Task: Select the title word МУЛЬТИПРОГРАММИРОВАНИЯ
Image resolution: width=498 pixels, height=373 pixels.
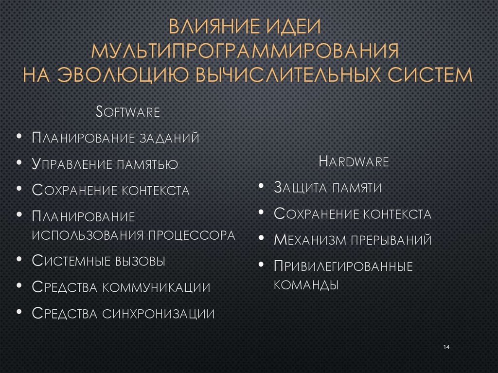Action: [x=249, y=51]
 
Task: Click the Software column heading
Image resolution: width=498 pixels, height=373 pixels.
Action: [x=128, y=112]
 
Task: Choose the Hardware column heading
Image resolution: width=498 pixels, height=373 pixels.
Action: [x=354, y=162]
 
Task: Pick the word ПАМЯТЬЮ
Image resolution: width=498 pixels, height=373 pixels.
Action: [x=146, y=164]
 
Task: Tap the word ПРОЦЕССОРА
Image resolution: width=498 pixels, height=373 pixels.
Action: [x=192, y=235]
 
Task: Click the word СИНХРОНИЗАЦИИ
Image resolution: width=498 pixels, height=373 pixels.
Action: [x=159, y=314]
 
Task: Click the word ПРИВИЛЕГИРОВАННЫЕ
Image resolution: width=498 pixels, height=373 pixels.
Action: [x=343, y=266]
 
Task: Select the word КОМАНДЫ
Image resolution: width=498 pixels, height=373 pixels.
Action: [x=306, y=284]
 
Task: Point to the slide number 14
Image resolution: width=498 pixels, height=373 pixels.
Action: [x=447, y=347]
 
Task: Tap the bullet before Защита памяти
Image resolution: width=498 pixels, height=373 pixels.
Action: [x=261, y=186]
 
